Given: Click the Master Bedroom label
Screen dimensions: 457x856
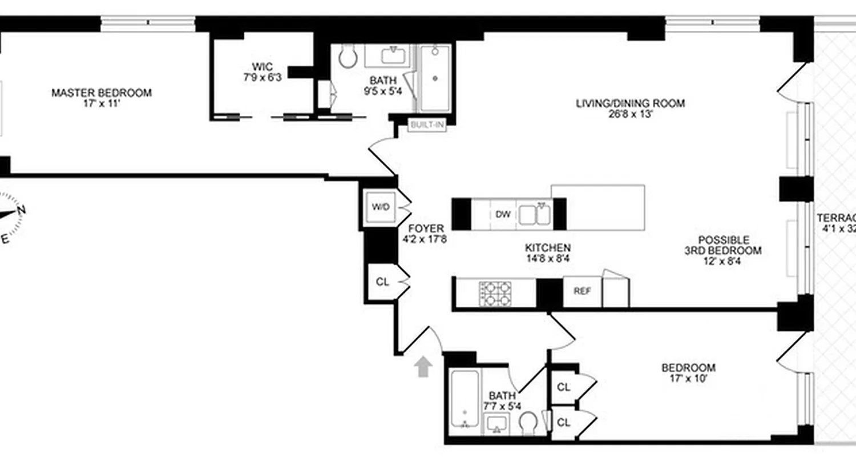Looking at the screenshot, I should click(102, 93).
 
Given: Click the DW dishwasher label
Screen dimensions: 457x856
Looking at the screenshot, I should click(502, 215).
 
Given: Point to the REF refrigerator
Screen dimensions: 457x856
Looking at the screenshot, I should click(582, 291).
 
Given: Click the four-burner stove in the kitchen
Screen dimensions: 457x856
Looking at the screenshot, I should click(495, 294).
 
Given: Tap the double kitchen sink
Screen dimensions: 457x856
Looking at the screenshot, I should click(534, 215).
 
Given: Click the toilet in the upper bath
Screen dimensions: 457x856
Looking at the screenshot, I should click(347, 57).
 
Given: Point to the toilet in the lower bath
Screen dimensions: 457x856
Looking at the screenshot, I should click(528, 423).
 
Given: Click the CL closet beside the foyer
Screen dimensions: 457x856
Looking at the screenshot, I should click(382, 281).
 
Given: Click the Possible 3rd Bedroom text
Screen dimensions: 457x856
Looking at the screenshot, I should click(723, 245).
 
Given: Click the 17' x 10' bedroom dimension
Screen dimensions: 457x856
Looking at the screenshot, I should click(688, 378).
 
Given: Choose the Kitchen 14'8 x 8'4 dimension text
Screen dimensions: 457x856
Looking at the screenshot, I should click(548, 258).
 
